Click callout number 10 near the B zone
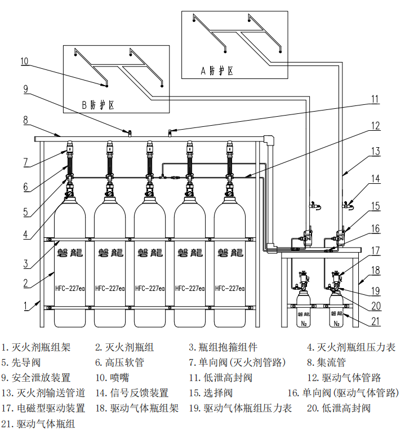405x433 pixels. [x=25, y=61]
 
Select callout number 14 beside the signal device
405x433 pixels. [x=375, y=179]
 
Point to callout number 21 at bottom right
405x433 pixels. [x=376, y=321]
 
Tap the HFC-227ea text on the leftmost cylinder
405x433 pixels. [x=70, y=289]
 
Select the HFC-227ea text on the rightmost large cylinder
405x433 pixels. [x=230, y=289]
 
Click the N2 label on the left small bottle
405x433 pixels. [x=304, y=324]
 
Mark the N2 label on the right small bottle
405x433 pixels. [x=337, y=324]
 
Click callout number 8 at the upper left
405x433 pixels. [x=25, y=120]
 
